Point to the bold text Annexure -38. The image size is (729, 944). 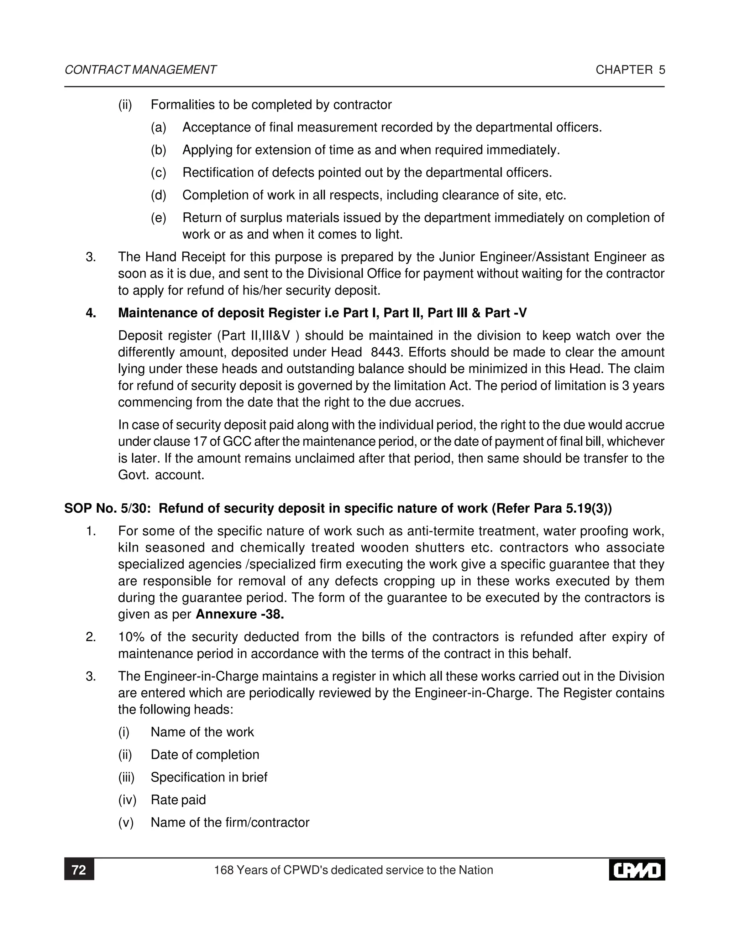(240, 614)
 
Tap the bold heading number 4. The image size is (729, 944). (91, 312)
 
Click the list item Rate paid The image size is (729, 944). (178, 800)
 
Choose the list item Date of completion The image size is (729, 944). (205, 755)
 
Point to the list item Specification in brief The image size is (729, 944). (209, 777)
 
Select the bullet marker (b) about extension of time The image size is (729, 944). (158, 150)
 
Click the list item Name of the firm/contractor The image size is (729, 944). (230, 822)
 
